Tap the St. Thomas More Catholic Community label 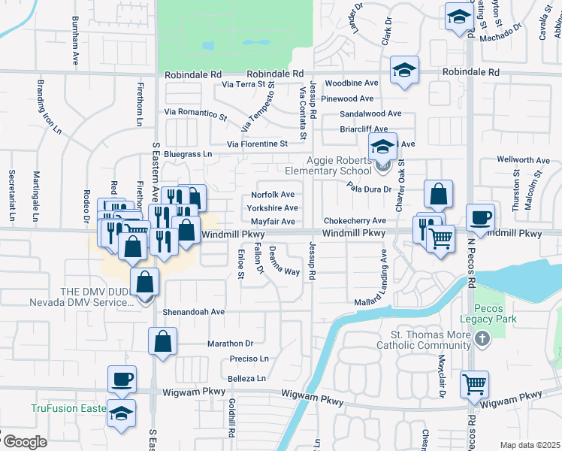point(430,341)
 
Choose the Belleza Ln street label point(247,378)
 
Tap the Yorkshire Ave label point(272,208)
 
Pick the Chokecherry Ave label point(355,221)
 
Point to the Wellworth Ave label point(524,160)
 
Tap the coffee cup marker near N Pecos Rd point(481,217)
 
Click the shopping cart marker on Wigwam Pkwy point(474,385)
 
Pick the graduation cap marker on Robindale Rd point(404,71)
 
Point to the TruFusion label point(63,409)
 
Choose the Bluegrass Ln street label point(189,154)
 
